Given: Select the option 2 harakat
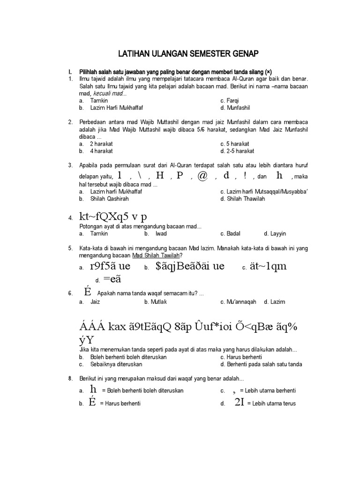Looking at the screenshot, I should [101, 143].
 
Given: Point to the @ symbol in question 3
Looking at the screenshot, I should [202, 176].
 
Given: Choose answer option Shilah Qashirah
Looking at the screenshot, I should [108, 199].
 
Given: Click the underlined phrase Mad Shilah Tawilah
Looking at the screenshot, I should [156, 255].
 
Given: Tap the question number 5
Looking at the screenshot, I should [70, 248].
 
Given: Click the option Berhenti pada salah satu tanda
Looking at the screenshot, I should [261, 364].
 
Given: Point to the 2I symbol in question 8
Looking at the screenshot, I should [239, 403].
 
